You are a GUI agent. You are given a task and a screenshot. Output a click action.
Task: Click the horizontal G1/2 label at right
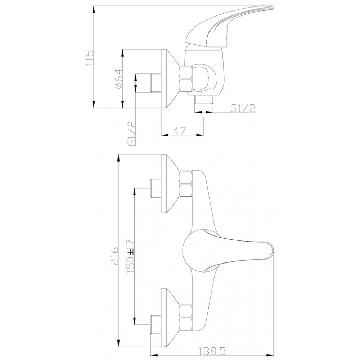243,108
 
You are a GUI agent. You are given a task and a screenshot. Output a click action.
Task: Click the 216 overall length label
114,256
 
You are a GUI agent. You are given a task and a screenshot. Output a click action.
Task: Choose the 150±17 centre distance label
130,256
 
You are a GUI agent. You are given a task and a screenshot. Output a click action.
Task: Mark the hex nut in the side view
185,79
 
